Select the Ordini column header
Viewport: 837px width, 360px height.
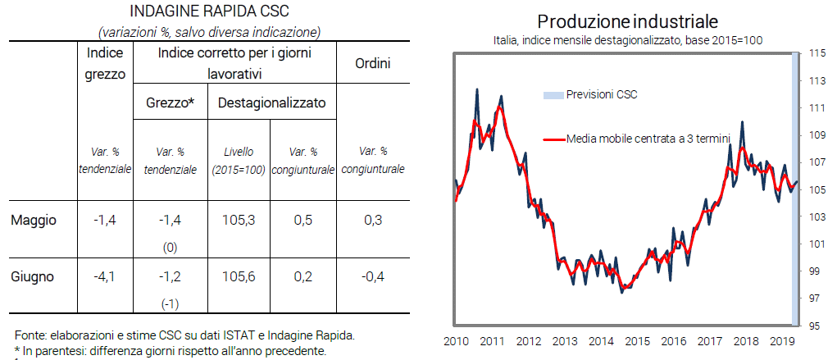373,63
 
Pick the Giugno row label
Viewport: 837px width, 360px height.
33,277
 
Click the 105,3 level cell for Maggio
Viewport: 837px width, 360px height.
239,220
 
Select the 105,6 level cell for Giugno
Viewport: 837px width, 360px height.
239,277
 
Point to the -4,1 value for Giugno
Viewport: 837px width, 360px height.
104,277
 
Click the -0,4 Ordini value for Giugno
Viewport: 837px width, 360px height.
373,277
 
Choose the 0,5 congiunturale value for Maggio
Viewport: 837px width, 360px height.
303,220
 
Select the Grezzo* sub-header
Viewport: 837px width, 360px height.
170,103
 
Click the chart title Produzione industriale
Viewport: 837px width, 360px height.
628,20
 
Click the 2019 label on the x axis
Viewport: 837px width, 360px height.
782,341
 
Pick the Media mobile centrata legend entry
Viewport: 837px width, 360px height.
648,139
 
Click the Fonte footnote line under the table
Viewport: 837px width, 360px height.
184,335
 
